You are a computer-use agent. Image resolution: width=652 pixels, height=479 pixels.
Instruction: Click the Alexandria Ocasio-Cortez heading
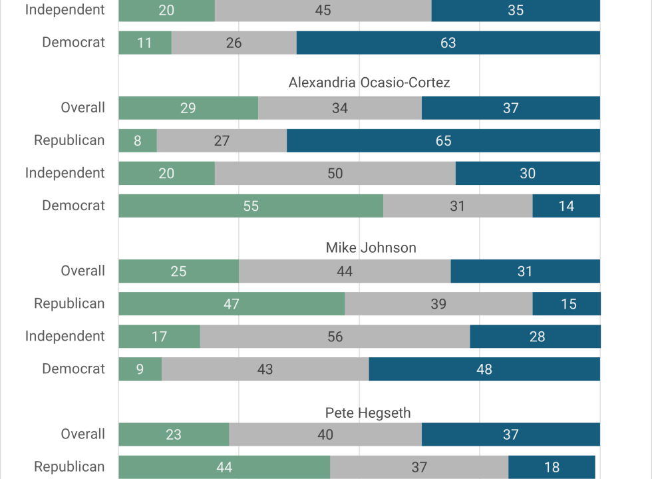pos(369,82)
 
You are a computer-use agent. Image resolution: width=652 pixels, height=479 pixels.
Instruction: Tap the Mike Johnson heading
pos(371,247)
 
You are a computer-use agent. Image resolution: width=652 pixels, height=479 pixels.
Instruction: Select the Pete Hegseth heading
pos(368,413)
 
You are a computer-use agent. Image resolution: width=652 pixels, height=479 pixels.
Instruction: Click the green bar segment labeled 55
pos(251,206)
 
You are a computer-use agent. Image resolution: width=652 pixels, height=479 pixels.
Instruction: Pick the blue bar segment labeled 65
pos(443,140)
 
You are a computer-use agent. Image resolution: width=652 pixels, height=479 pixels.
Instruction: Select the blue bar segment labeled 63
pos(448,43)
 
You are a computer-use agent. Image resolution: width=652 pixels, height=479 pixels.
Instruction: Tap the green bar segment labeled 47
pos(232,303)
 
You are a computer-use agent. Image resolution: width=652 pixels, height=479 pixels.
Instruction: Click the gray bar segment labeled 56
pos(335,337)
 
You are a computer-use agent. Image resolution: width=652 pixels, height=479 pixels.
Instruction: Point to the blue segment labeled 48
pos(484,369)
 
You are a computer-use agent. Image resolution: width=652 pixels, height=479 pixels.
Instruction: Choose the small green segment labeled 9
pos(140,369)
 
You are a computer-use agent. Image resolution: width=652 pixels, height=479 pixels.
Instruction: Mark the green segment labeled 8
pos(138,140)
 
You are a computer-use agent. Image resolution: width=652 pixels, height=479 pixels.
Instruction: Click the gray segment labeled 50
pos(335,173)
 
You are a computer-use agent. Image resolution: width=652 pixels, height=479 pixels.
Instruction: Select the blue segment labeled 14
pos(566,206)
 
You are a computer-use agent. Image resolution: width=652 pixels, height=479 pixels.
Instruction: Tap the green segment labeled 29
pos(188,108)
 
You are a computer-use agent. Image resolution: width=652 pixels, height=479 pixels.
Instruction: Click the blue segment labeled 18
pos(552,467)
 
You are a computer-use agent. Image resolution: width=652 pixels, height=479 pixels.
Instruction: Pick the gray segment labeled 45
pos(323,10)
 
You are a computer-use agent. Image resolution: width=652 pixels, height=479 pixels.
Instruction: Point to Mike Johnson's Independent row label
pos(65,336)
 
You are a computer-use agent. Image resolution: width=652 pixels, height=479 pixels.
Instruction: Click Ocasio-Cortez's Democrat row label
pos(74,206)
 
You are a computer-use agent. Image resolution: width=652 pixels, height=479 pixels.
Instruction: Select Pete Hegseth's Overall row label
pos(82,434)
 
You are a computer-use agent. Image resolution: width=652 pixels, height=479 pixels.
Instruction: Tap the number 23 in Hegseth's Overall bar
pos(174,434)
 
